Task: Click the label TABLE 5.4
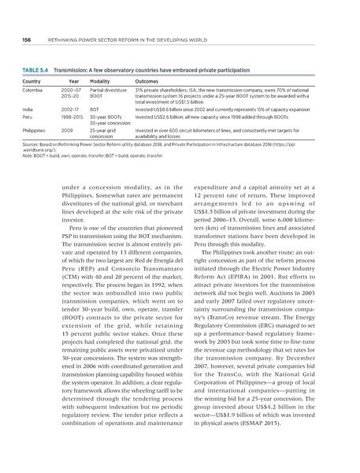click(35, 71)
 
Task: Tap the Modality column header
click(100, 82)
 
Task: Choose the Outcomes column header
click(149, 82)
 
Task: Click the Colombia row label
click(34, 91)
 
